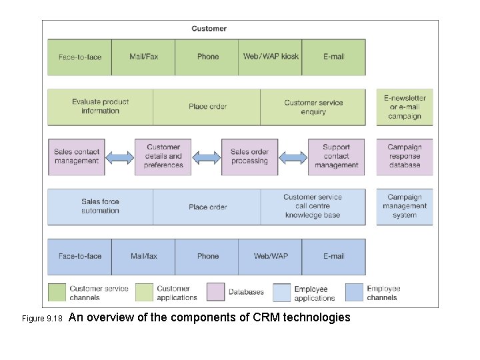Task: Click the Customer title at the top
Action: (x=209, y=29)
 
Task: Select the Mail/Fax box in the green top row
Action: (x=143, y=57)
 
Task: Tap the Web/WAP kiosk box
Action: (x=271, y=57)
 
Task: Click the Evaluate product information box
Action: (x=100, y=107)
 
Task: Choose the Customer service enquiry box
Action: (x=313, y=107)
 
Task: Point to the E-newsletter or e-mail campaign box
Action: (x=404, y=107)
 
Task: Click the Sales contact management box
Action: (x=76, y=157)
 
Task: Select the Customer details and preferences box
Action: (x=163, y=157)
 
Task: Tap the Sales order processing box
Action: (x=249, y=157)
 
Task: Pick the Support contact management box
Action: (x=336, y=157)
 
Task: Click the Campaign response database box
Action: (x=404, y=157)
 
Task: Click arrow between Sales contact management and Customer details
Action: (x=119, y=157)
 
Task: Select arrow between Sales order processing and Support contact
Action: (x=293, y=157)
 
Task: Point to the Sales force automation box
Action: (x=100, y=207)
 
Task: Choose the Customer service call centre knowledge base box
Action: (x=313, y=207)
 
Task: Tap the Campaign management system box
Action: (x=404, y=207)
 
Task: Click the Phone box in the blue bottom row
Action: (x=207, y=256)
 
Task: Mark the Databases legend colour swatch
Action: (x=215, y=292)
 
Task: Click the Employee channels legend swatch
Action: (x=355, y=292)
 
